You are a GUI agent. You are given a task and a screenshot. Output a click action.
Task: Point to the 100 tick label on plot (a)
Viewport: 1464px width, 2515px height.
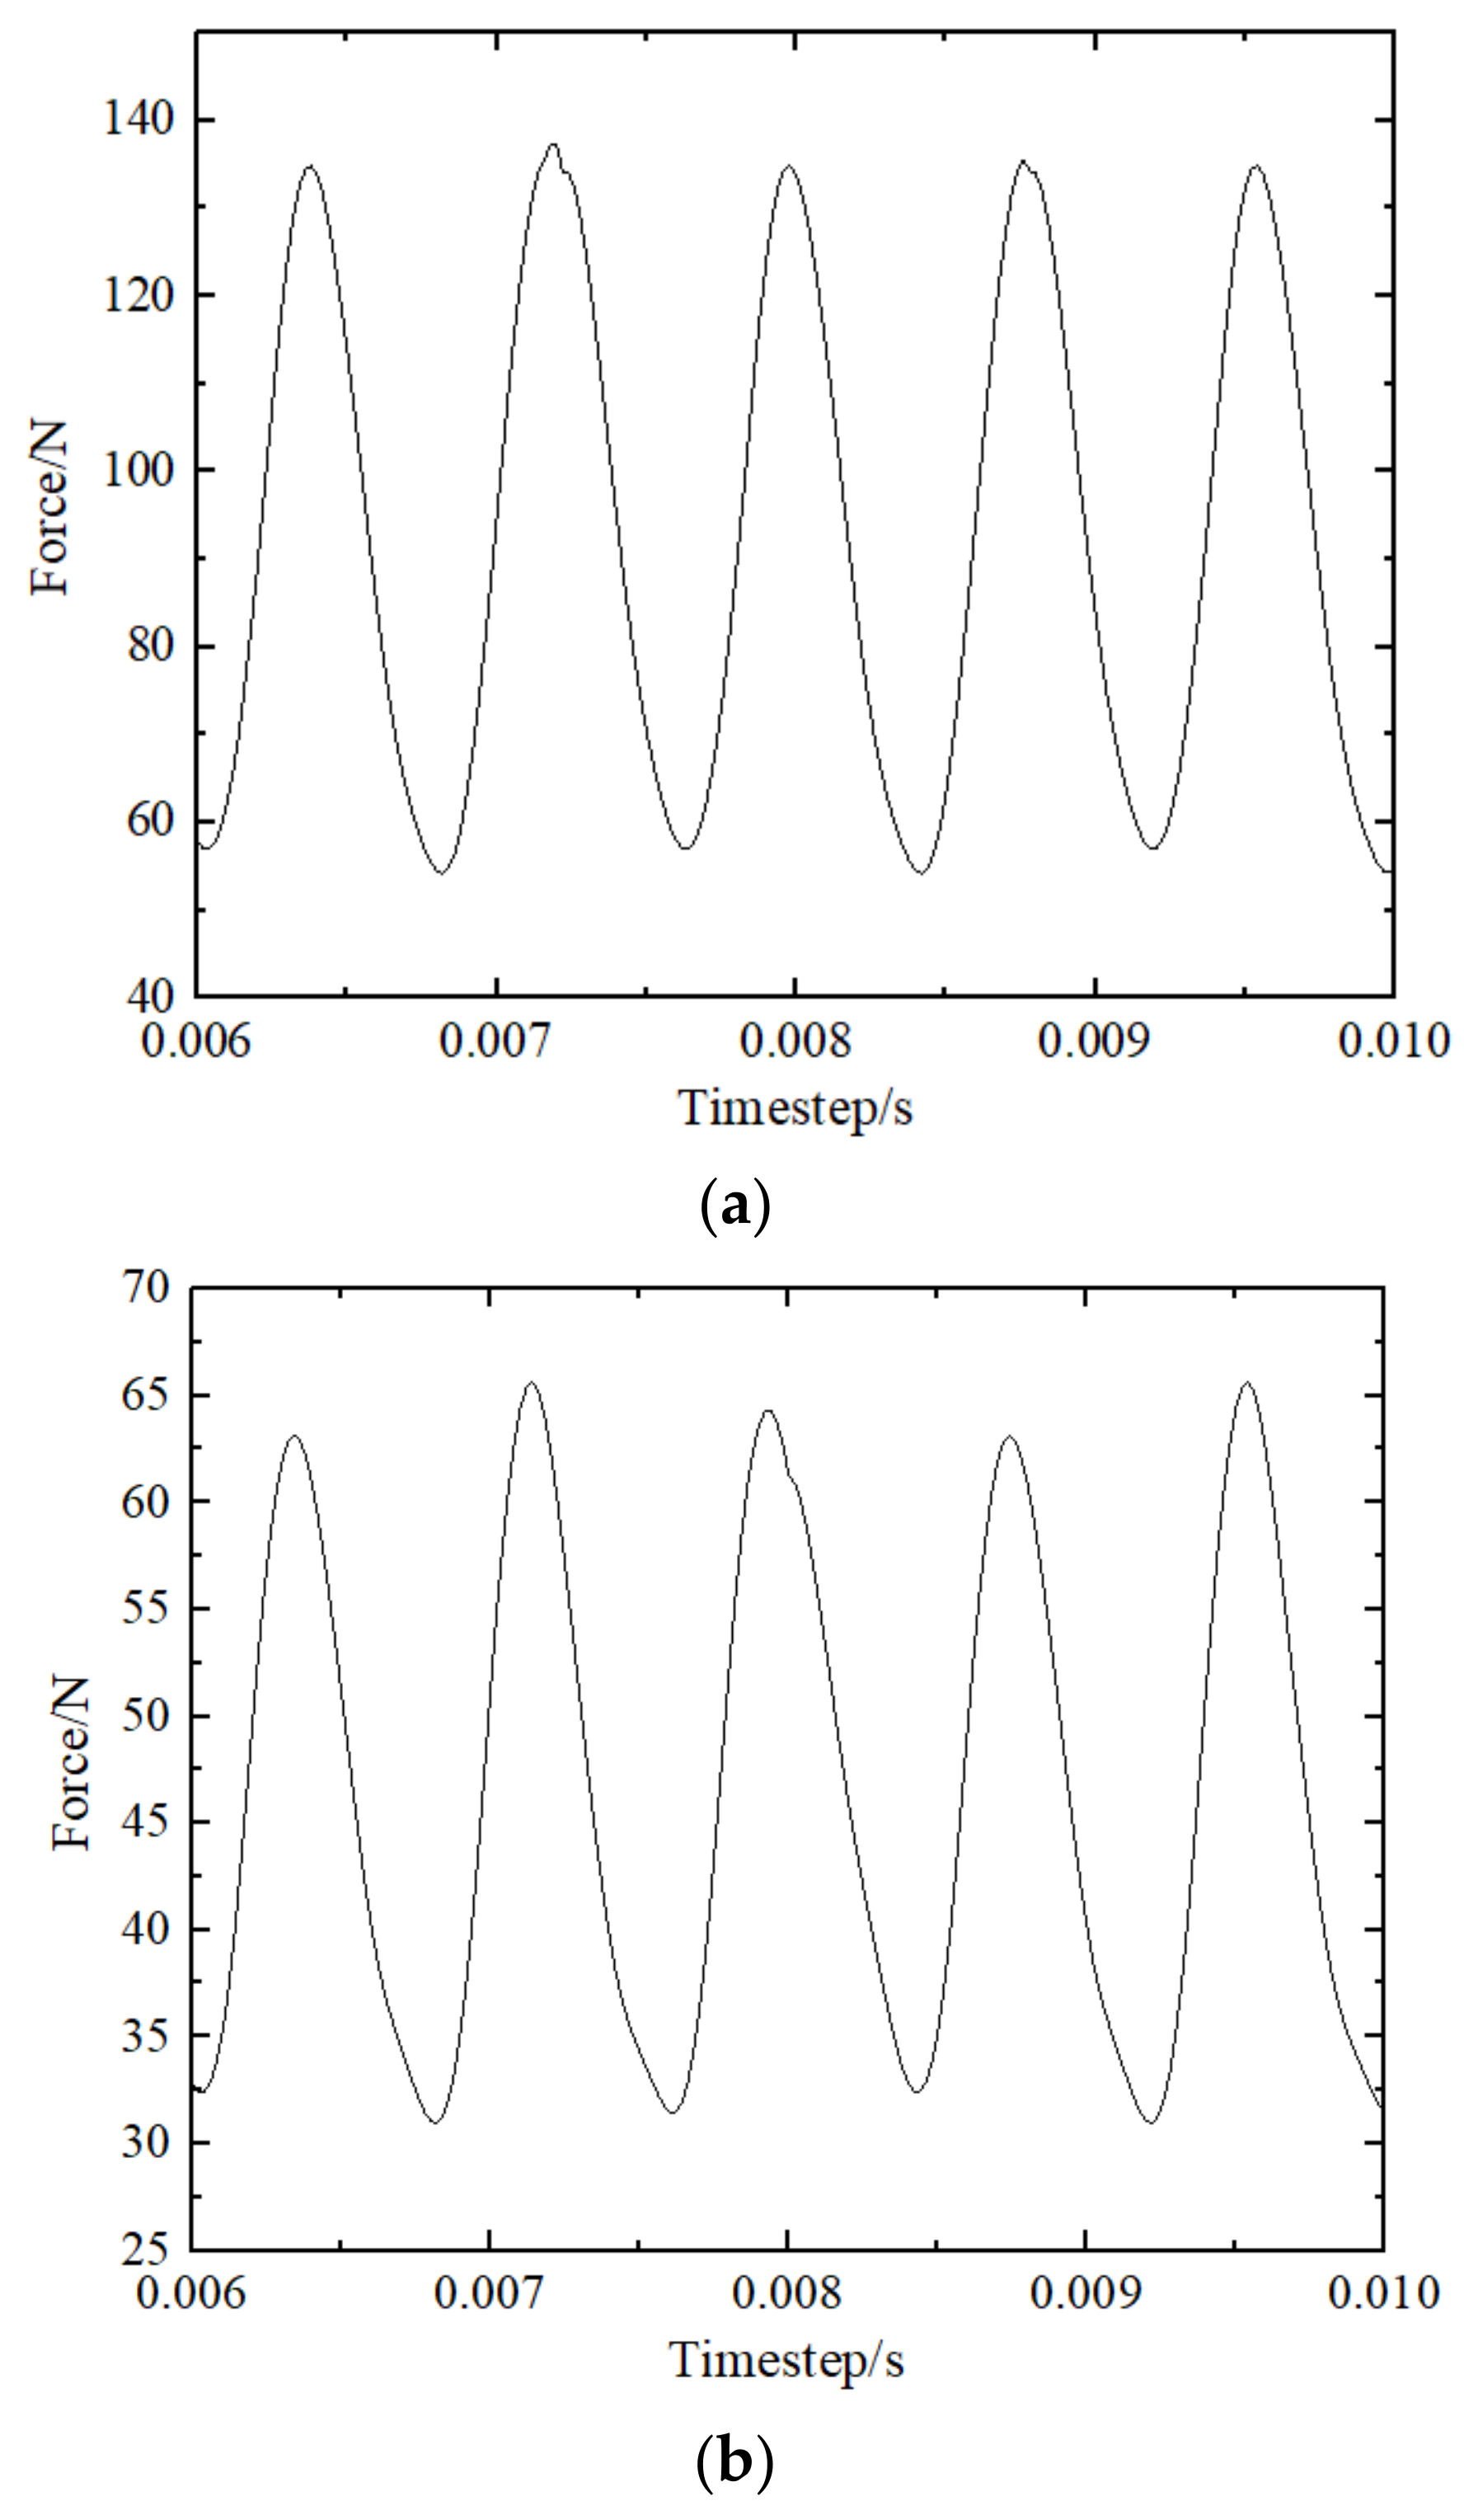coord(138,470)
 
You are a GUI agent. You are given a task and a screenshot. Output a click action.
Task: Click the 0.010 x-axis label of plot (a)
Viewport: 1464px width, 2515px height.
coord(1392,1041)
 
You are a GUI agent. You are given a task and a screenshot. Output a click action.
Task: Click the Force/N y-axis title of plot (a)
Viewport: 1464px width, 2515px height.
coord(51,508)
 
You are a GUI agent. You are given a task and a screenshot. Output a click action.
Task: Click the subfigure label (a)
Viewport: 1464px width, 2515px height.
coord(734,1206)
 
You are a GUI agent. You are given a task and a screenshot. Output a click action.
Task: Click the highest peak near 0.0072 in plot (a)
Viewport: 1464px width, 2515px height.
coord(554,143)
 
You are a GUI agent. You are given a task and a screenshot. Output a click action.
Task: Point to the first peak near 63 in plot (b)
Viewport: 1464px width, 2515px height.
coord(293,1436)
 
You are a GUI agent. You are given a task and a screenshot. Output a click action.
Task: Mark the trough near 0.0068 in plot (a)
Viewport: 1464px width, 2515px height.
coord(441,873)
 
